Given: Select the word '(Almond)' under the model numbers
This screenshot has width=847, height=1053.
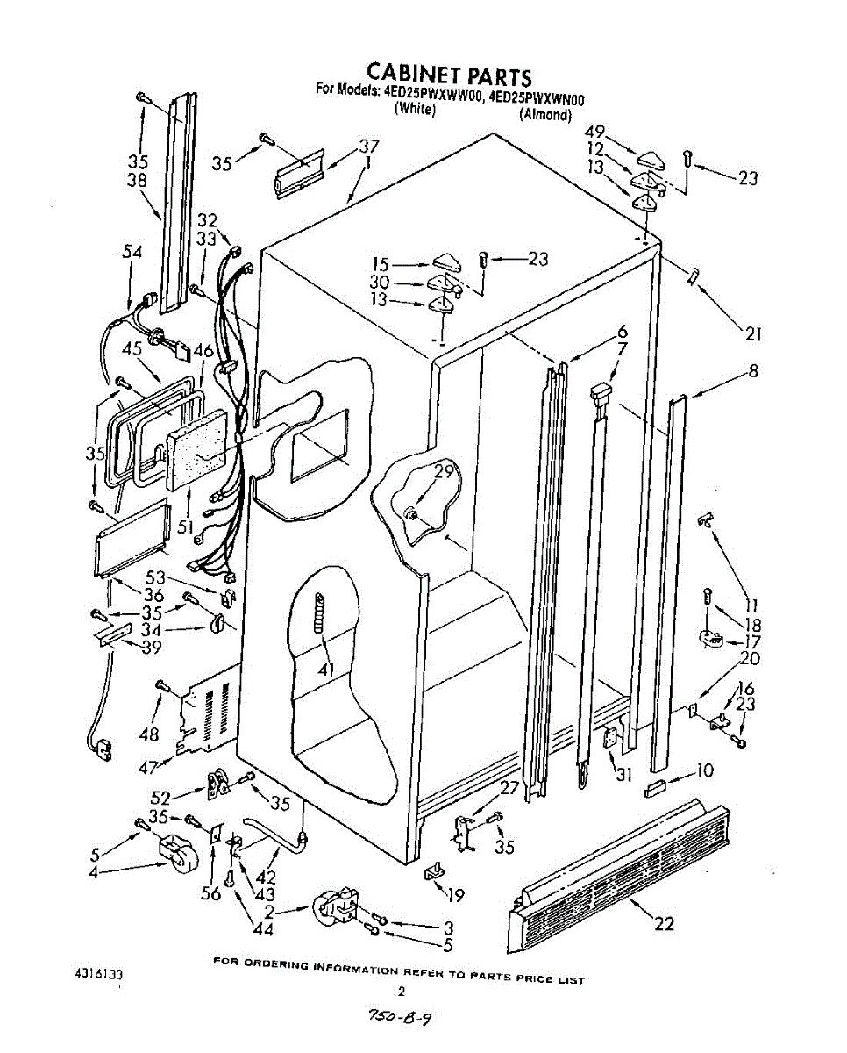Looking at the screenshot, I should [545, 114].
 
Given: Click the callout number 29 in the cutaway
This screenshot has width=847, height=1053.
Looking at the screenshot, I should [445, 471].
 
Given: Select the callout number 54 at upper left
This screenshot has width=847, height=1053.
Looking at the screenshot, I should [132, 253].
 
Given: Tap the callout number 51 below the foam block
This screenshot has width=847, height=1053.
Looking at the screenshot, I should [186, 527].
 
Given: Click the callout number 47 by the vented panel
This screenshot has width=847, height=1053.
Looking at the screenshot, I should [148, 767].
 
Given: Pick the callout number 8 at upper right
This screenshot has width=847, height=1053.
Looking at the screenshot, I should [753, 371].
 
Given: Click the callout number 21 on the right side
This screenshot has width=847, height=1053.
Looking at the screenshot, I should [753, 333].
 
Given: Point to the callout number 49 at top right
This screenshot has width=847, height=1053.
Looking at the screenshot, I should [595, 133].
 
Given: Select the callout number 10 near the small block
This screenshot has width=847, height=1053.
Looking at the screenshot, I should [704, 771].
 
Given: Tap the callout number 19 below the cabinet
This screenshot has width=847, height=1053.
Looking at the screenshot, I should [455, 896].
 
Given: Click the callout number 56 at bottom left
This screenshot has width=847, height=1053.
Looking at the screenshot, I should [211, 894].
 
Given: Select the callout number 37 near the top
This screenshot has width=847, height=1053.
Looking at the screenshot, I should [368, 147].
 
